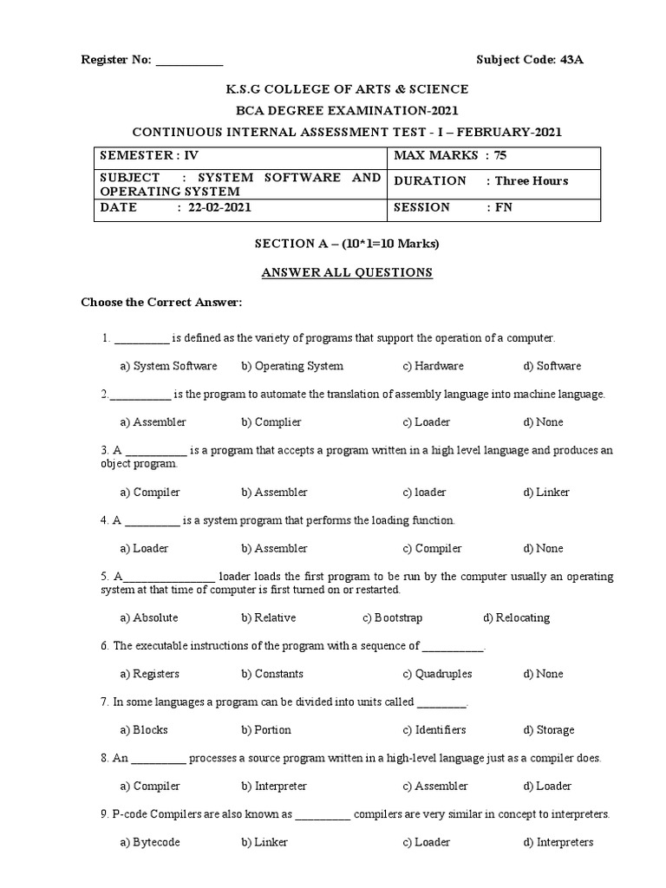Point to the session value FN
click(503, 207)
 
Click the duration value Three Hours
click(532, 181)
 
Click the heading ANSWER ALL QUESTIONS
click(347, 272)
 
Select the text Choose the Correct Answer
click(161, 303)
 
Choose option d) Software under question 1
click(552, 366)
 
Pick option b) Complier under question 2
click(271, 422)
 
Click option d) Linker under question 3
click(546, 493)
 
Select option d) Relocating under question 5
click(517, 618)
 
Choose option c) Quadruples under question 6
click(438, 674)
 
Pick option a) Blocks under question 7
click(144, 730)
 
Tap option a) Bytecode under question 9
click(150, 842)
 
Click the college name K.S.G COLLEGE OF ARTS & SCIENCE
click(347, 89)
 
